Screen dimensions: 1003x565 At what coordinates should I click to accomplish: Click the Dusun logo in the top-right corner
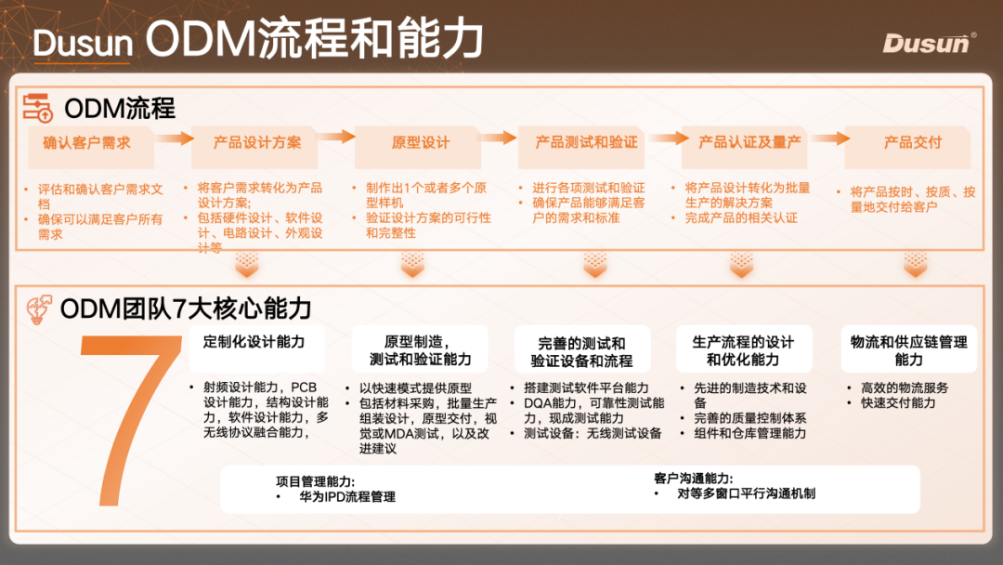929,43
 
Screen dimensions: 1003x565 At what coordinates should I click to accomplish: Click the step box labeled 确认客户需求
86,142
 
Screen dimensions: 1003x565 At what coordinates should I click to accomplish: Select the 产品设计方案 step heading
257,142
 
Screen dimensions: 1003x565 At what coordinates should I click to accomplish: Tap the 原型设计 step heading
420,142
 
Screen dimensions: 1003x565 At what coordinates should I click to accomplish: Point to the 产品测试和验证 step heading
586,142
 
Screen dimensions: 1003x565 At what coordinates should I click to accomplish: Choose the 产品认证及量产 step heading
749,142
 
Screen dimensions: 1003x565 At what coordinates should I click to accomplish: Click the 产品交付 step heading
912,142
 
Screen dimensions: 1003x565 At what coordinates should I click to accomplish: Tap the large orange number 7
130,418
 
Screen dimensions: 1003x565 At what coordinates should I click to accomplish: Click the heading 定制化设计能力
254,342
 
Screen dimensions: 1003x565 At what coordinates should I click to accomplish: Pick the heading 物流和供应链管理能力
908,350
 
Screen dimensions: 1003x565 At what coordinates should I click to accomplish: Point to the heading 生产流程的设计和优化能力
743,350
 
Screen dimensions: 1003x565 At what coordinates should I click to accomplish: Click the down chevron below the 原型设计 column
412,267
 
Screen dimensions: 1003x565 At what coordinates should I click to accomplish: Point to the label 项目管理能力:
315,481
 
